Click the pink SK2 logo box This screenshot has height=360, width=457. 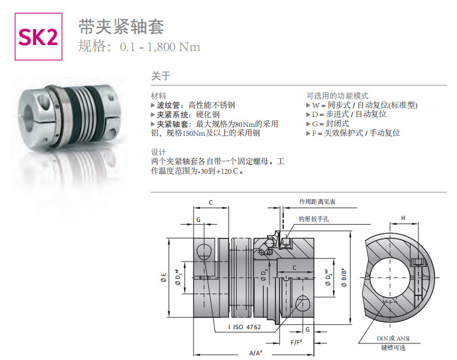click(39, 37)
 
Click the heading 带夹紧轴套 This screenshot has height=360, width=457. click(121, 27)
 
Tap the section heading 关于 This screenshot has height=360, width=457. click(161, 76)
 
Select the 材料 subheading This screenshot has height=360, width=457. click(158, 95)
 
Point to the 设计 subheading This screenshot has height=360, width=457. click(158, 152)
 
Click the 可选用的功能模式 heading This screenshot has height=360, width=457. click(337, 95)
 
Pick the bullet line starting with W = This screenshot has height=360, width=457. click(361, 105)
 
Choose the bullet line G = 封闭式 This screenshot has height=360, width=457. click(327, 124)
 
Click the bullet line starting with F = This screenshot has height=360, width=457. click(353, 133)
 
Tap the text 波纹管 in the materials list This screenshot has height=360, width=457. click(168, 105)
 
